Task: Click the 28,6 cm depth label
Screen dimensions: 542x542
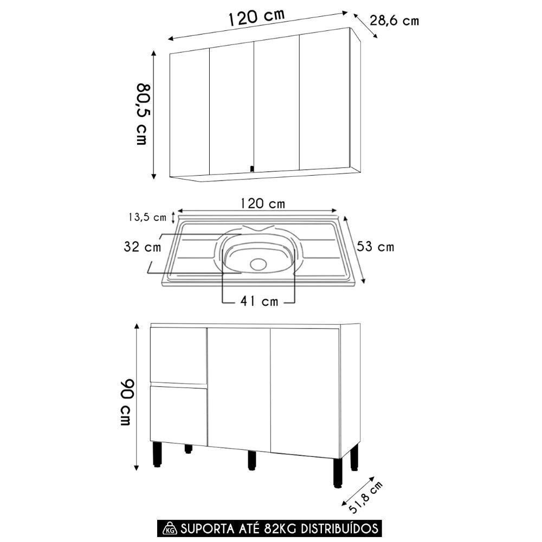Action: click(x=394, y=21)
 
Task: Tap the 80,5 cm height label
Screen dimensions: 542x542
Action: click(x=141, y=114)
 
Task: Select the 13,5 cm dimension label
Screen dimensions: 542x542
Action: click(x=147, y=217)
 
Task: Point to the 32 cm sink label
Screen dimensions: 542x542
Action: click(x=142, y=247)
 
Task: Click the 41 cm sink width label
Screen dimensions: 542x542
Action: click(x=259, y=301)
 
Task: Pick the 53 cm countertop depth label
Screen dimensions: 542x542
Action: click(x=375, y=247)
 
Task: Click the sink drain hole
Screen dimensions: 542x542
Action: click(x=259, y=263)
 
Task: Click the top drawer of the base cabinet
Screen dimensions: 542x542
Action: click(x=178, y=355)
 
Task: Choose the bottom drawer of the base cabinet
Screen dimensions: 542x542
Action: click(x=178, y=415)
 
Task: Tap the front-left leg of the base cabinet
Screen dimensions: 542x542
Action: click(x=157, y=454)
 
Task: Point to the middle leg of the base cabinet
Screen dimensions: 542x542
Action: click(x=251, y=460)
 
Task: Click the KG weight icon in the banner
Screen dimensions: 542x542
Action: click(x=170, y=528)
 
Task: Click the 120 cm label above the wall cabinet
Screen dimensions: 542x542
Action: click(x=256, y=18)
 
